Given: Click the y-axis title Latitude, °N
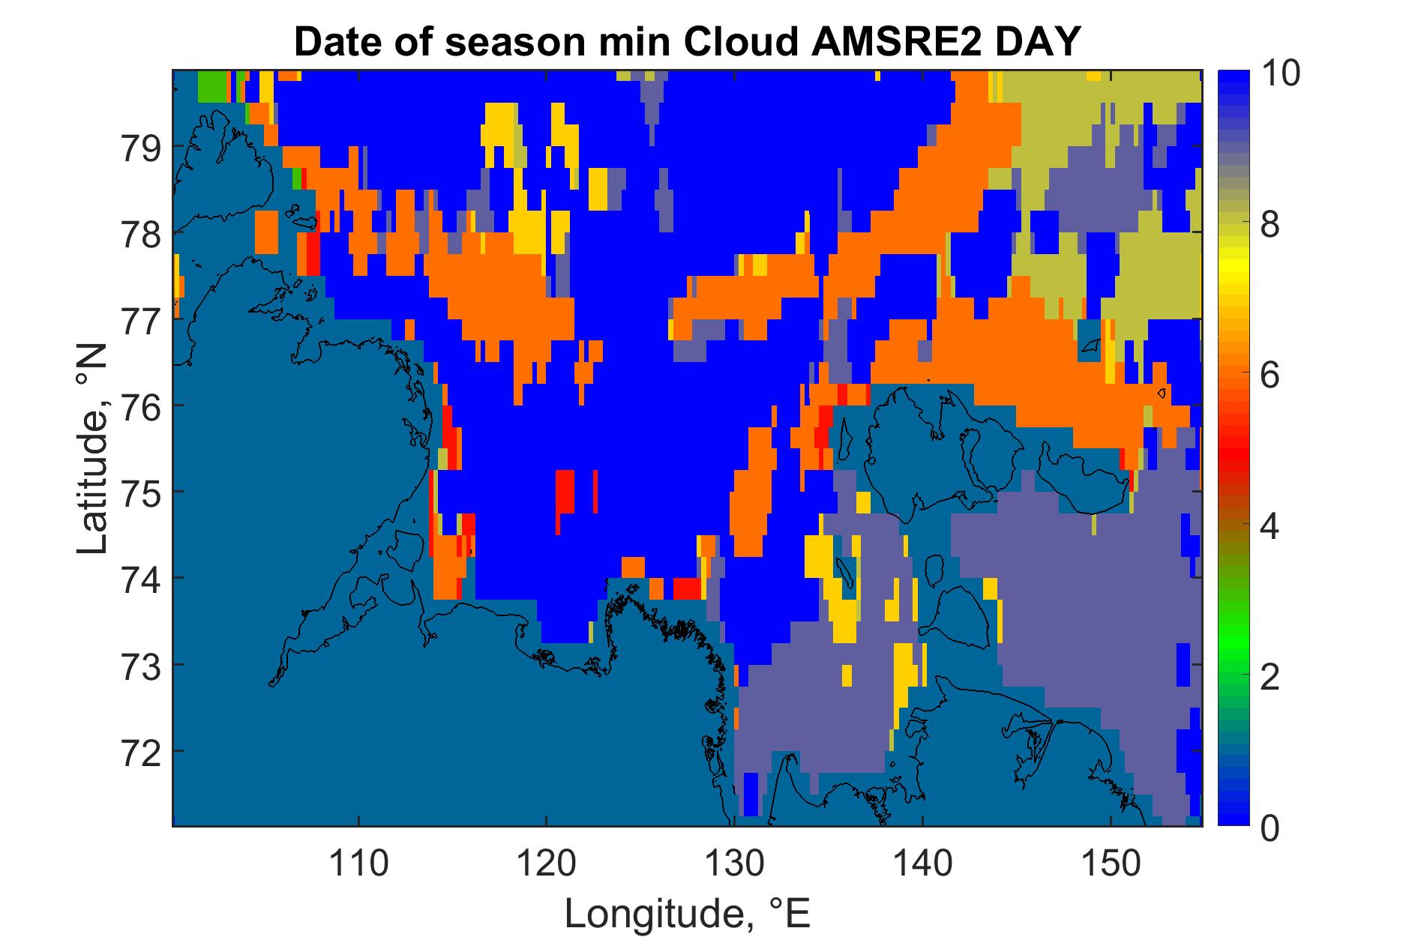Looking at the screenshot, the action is tap(93, 450).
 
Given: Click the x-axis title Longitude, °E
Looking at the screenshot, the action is tap(688, 914).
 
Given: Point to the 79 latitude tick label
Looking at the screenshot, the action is tap(141, 149).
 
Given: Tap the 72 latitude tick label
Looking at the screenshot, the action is tap(141, 753).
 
